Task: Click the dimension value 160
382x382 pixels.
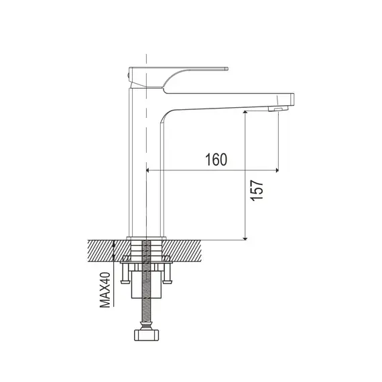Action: point(216,160)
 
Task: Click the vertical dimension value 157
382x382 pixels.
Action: point(257,190)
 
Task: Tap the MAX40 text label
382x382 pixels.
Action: point(105,290)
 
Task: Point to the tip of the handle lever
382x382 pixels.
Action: point(228,69)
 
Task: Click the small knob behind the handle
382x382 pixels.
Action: point(128,76)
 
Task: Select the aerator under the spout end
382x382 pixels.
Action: point(278,109)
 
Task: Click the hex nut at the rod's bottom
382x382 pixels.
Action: point(146,335)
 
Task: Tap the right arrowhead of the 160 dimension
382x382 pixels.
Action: point(277,170)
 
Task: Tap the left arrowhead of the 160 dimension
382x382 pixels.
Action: point(147,170)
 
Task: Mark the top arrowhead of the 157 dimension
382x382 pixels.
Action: point(245,113)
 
